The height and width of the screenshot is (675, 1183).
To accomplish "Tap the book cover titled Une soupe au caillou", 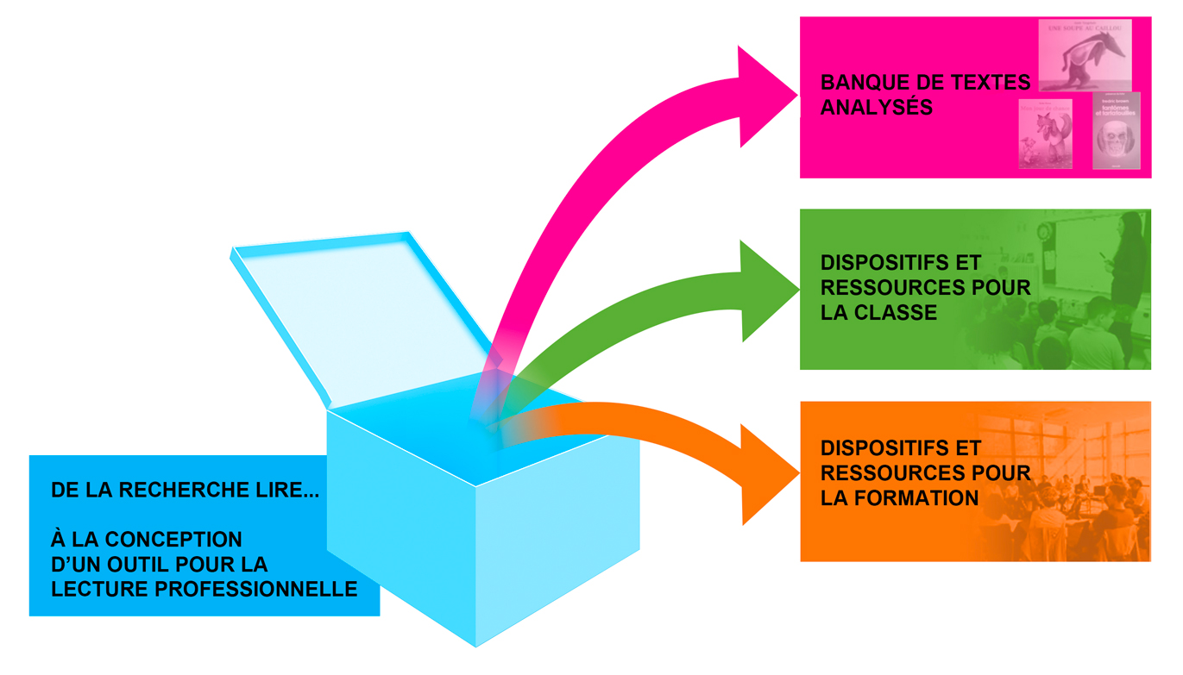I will click(x=1085, y=54).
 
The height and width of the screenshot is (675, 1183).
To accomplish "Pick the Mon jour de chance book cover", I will click(x=1046, y=133).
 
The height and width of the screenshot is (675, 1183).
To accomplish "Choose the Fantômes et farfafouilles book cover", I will click(x=1116, y=130).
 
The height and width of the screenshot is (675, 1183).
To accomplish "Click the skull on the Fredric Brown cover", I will click(x=1116, y=140).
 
